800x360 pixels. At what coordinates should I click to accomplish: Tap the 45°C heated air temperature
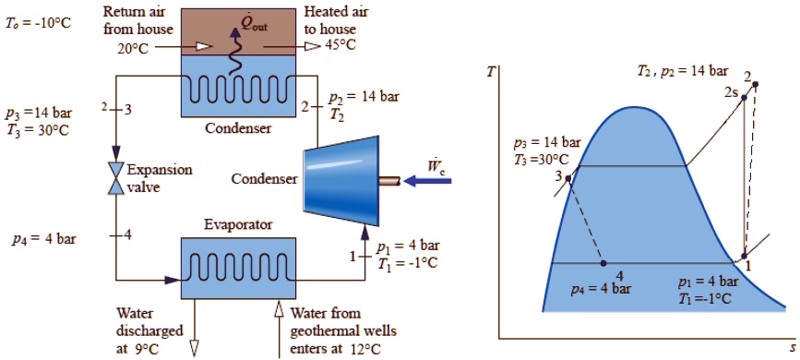(340, 43)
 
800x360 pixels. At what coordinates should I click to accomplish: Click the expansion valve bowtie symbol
(116, 177)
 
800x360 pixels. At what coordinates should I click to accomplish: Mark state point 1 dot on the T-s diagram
(745, 258)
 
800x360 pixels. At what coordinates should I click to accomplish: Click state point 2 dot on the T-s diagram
(755, 85)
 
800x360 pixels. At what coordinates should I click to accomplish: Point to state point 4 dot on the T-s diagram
(603, 263)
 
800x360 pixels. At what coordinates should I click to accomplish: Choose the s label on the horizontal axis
(792, 349)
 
